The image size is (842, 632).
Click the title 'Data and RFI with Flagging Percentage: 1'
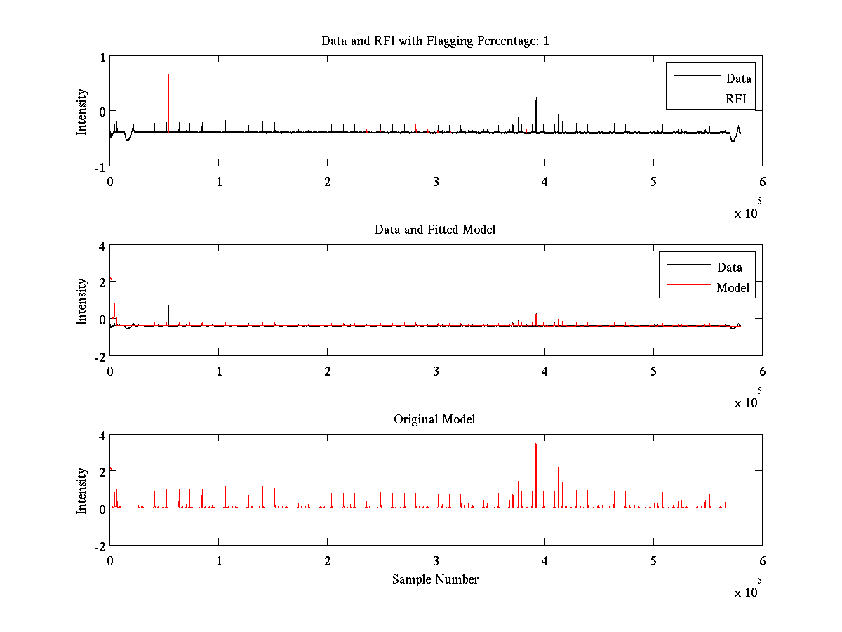point(435,41)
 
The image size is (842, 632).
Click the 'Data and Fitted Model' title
point(435,230)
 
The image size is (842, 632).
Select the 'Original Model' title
point(434,419)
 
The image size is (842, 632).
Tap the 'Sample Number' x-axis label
point(435,579)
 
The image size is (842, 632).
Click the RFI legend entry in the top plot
point(739,98)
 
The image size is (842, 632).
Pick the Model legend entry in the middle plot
point(733,287)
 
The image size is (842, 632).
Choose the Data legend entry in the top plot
point(738,78)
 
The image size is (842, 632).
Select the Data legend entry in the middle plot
point(729,267)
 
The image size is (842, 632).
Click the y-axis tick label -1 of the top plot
point(99,167)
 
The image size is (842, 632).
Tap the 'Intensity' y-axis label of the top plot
point(82,111)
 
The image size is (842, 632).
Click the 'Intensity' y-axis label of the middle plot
point(82,301)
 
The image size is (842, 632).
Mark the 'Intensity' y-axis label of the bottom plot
point(82,490)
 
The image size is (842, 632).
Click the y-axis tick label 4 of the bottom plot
point(101,436)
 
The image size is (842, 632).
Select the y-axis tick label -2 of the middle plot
point(99,357)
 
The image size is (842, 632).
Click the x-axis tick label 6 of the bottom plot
point(762,560)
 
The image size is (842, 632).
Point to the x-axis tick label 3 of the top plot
point(436,181)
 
